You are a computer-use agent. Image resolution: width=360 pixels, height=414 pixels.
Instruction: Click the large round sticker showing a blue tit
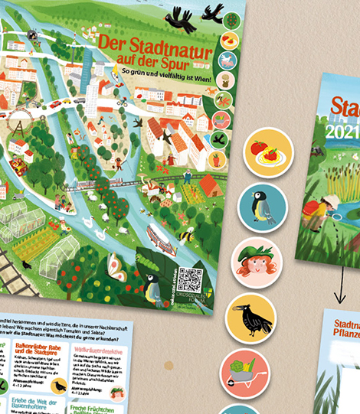click(x=262, y=207)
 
